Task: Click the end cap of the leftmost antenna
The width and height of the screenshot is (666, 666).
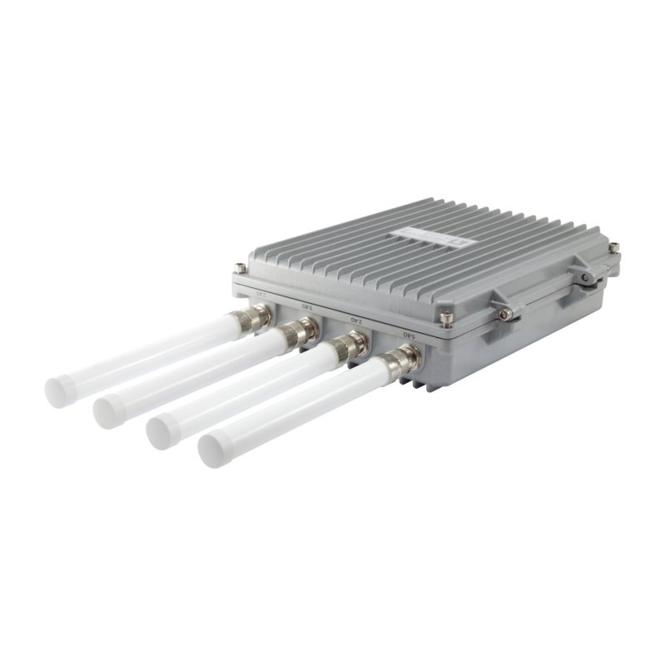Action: coord(60,389)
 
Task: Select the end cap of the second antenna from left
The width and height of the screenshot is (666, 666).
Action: coord(109,410)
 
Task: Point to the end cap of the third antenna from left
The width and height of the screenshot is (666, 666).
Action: coord(162,430)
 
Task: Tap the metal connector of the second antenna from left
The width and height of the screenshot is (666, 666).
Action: coord(296,333)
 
